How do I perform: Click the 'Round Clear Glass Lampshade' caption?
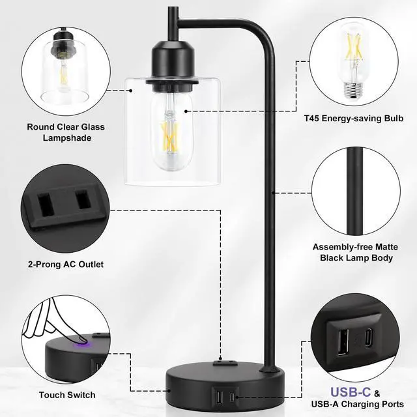tap(65, 132)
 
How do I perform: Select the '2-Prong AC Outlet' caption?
tap(65, 265)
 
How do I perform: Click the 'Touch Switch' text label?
tap(66, 395)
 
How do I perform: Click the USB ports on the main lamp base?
tap(225, 395)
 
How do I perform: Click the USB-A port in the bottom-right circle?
tap(343, 339)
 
